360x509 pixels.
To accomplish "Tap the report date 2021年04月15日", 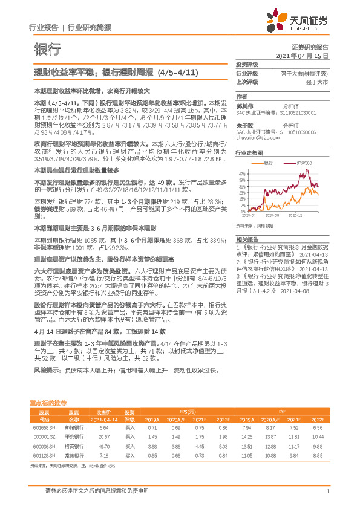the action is [301, 55].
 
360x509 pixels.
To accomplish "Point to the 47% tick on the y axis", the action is [242, 173].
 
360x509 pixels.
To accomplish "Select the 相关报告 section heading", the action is [246, 239].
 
